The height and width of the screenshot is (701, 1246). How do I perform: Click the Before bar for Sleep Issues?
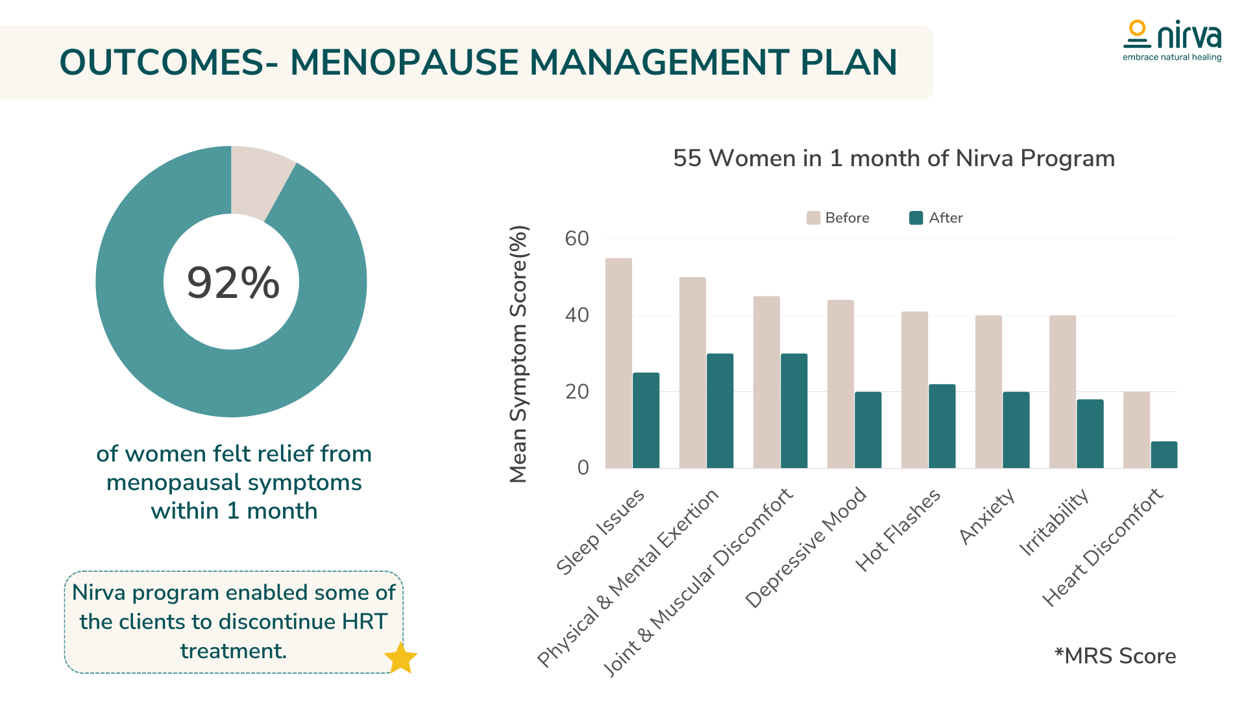coord(618,363)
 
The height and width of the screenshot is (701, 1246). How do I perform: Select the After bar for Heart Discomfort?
coord(1164,454)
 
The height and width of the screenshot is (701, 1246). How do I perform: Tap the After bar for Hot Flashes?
coord(942,426)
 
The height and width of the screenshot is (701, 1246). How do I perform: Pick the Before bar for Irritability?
coord(1062,391)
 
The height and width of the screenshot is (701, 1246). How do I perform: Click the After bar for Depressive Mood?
coord(868,430)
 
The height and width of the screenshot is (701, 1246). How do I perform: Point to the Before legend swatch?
coord(813,218)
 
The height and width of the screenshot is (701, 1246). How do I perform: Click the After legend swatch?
coord(916,218)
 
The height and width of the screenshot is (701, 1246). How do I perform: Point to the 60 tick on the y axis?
coord(577,239)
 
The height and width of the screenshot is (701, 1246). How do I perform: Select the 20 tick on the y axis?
coord(577,392)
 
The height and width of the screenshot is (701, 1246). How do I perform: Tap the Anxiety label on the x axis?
coord(986,517)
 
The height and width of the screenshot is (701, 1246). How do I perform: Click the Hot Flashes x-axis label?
coord(898,530)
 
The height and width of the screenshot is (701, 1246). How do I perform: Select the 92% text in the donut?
coord(233,283)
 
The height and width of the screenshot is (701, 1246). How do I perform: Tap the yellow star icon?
coord(400,658)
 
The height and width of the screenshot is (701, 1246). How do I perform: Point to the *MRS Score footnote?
coord(1115,656)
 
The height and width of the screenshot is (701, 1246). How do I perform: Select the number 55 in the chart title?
coord(687,158)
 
